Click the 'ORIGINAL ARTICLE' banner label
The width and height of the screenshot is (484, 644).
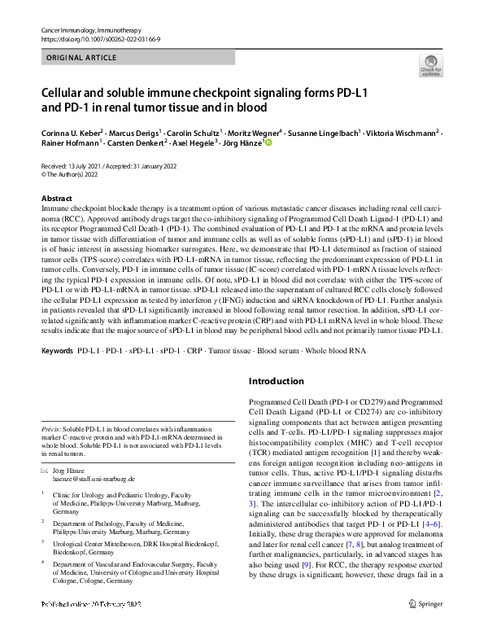[x=79, y=59]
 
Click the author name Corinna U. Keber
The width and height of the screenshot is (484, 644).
[x=73, y=131]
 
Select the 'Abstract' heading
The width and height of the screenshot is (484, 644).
[x=56, y=199]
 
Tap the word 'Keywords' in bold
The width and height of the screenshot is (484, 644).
[x=56, y=373]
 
